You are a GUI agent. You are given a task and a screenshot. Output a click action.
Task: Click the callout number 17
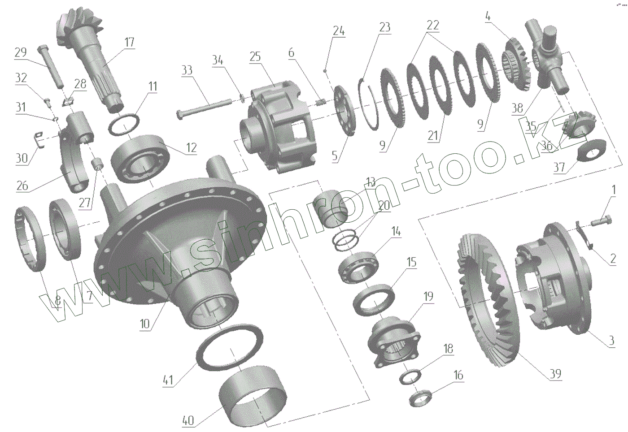click(x=129, y=42)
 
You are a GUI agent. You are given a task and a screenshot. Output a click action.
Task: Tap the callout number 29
click(x=21, y=52)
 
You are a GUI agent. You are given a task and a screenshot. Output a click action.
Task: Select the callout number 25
click(x=255, y=56)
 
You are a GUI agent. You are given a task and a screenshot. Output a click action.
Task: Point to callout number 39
click(x=555, y=374)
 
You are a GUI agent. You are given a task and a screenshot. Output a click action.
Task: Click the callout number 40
click(x=188, y=420)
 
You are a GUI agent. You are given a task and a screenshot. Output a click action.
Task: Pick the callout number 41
click(x=168, y=380)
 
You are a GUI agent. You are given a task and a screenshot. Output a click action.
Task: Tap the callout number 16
click(x=458, y=375)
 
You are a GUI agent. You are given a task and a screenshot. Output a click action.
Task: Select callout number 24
click(x=339, y=30)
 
